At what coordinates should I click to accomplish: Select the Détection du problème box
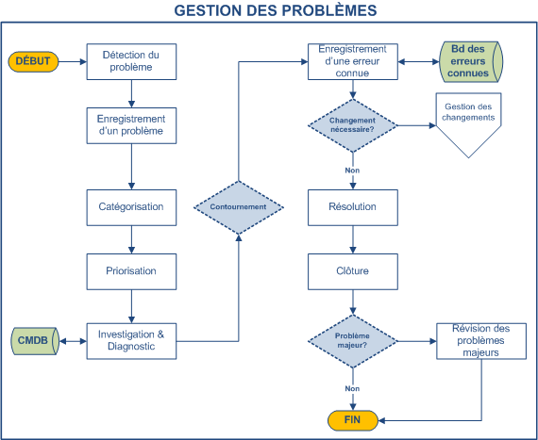point(131,62)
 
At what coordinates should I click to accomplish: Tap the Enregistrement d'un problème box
point(131,125)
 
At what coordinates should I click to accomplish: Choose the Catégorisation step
point(131,206)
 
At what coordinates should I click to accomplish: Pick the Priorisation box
point(131,270)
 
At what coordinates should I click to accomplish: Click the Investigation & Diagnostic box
point(131,340)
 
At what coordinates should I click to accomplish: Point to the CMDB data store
point(36,340)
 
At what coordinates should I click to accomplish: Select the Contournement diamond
point(238,206)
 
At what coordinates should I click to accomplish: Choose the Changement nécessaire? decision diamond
point(352,125)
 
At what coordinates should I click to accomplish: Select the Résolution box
point(352,206)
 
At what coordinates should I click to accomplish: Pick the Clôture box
point(352,270)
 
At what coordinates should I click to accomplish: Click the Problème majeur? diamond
point(352,340)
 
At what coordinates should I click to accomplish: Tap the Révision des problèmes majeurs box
point(482,340)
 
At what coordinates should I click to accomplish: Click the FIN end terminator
point(352,419)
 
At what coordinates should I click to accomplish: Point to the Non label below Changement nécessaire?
point(352,171)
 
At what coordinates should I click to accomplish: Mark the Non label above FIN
point(352,387)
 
